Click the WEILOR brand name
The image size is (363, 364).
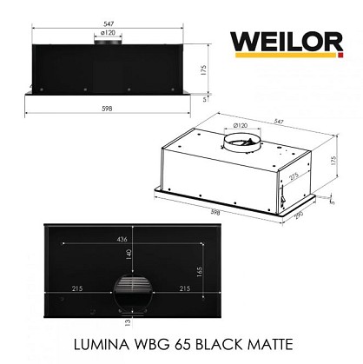[x=287, y=43]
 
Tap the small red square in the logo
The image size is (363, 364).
[x=340, y=55]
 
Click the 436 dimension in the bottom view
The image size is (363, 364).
[x=122, y=240]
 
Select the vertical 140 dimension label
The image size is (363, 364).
[x=129, y=254]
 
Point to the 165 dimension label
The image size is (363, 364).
[x=200, y=272]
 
